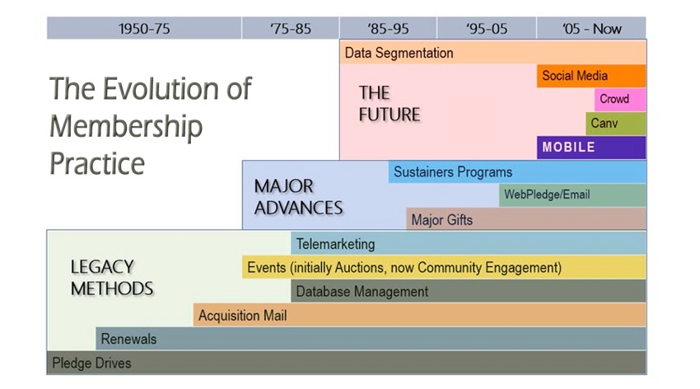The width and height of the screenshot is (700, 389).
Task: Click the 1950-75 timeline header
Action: [144, 29]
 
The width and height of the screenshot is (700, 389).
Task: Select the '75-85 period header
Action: [291, 29]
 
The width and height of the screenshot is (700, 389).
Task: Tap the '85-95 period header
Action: [388, 29]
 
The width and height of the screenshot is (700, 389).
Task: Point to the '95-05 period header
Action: [487, 29]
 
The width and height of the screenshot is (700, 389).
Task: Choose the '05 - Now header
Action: [591, 29]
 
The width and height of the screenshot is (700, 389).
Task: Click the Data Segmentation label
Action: [399, 53]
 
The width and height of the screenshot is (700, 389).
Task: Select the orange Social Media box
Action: [591, 76]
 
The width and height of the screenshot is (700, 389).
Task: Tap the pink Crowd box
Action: [620, 99]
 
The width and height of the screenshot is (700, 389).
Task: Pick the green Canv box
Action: [616, 124]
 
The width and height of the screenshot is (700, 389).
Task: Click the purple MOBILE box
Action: [591, 148]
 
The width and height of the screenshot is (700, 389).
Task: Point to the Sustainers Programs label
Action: [453, 172]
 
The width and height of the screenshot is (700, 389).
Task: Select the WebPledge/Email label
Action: [547, 194]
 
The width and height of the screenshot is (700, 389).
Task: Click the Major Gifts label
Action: [442, 220]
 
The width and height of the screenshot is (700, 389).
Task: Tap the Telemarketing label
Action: [336, 244]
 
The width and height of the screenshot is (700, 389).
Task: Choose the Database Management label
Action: [362, 292]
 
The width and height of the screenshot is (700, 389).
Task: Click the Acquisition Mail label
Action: [242, 316]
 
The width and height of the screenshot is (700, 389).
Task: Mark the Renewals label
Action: [128, 339]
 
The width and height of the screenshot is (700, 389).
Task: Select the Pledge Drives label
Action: [91, 363]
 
